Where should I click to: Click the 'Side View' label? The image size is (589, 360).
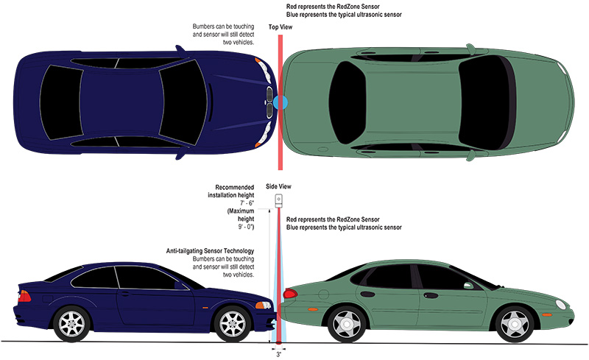tap(278, 188)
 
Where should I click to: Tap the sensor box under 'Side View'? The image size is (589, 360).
tap(279, 201)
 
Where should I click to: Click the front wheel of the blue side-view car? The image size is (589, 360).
tap(233, 322)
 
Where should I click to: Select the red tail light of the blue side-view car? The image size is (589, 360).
tap(26, 296)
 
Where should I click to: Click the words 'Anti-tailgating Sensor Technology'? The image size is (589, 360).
tap(211, 252)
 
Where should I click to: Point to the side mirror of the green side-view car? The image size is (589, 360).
tap(466, 283)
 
